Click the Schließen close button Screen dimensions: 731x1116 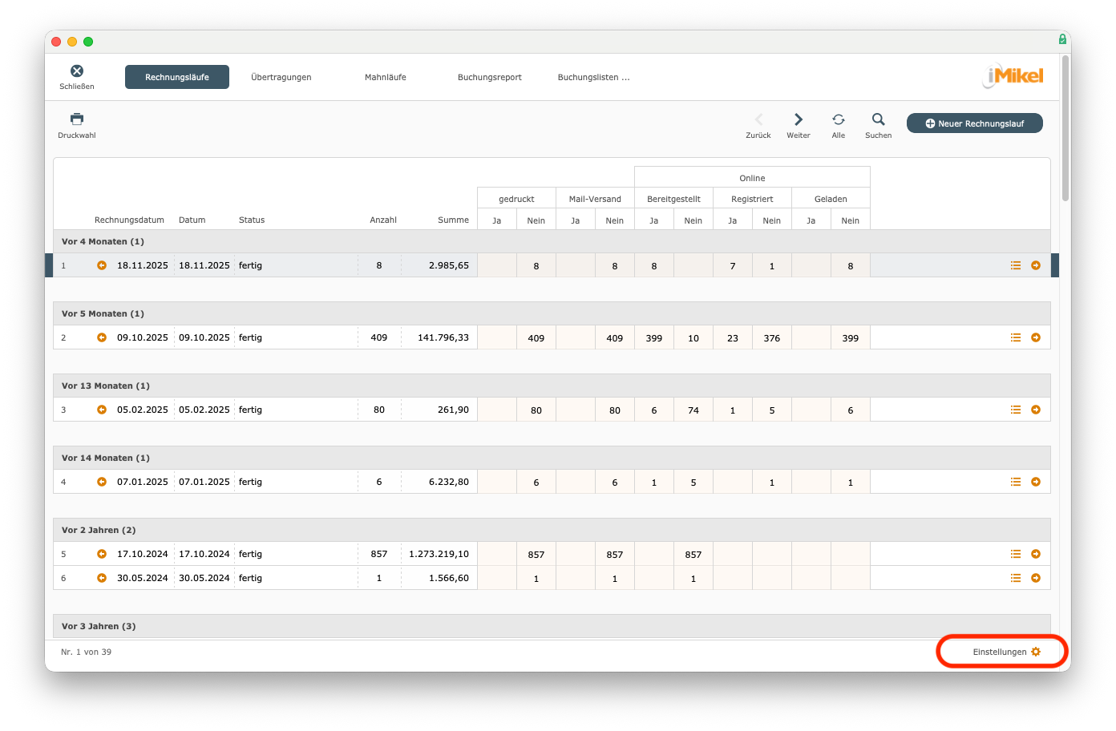[x=77, y=71]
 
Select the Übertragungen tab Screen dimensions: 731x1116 [x=281, y=77]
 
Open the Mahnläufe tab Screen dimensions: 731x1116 [x=385, y=77]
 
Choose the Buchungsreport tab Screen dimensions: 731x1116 [x=489, y=77]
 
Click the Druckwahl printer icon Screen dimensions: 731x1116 [x=77, y=119]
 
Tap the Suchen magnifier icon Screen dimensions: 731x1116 [x=879, y=119]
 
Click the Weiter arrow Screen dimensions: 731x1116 [x=799, y=119]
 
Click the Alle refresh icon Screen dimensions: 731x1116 [x=839, y=119]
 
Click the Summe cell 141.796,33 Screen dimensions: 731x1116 [x=443, y=337]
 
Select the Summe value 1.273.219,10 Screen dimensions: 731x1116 [x=439, y=554]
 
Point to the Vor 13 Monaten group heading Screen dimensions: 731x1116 [x=106, y=386]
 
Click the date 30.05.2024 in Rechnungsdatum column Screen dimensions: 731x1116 [x=143, y=578]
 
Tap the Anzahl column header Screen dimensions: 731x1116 [x=383, y=220]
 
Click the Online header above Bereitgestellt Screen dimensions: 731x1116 [x=752, y=178]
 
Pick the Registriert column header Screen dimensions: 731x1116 [x=752, y=199]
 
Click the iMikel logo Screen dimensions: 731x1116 [x=1013, y=76]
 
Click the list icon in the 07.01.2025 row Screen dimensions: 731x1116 [x=1016, y=482]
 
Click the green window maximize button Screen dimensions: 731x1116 [x=88, y=42]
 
